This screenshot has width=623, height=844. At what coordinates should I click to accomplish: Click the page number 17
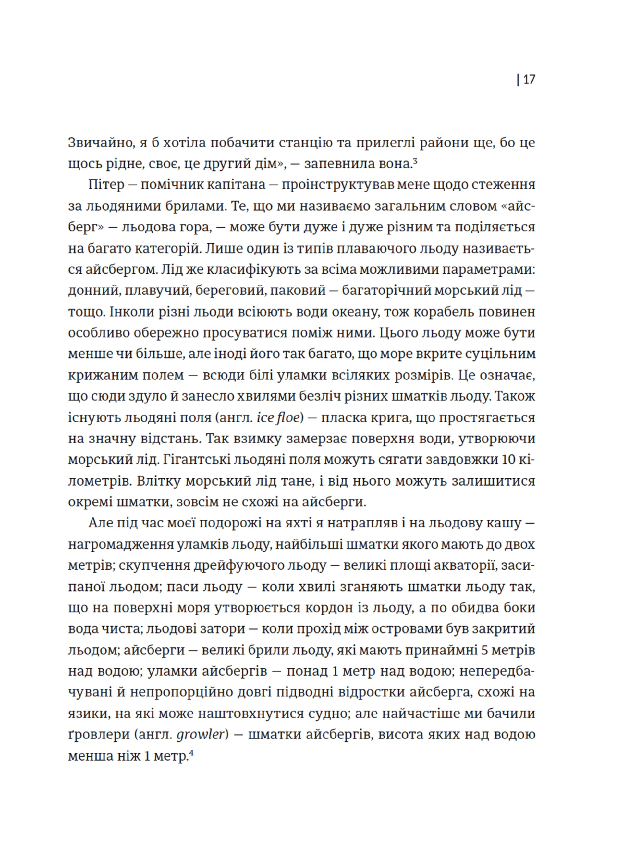pyautogui.click(x=529, y=80)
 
